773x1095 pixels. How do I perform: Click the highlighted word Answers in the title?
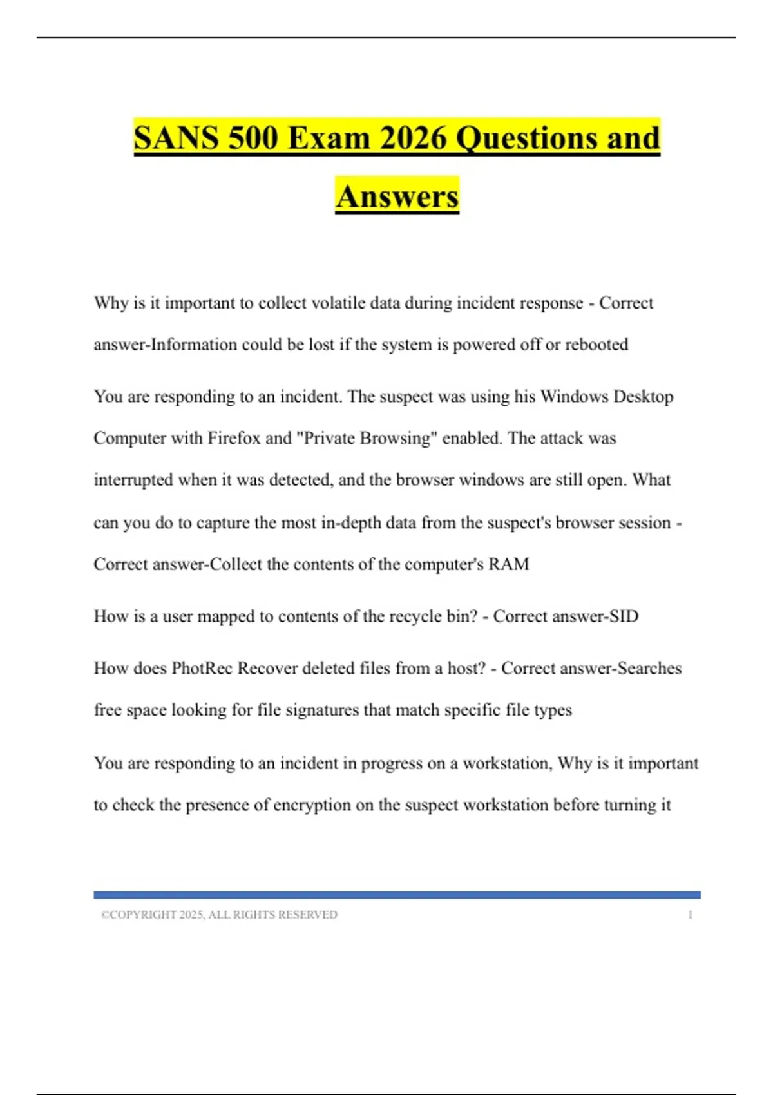(397, 196)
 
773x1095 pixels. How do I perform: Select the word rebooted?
(596, 345)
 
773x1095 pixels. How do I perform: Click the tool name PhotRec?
(202, 669)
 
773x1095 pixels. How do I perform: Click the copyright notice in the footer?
(219, 915)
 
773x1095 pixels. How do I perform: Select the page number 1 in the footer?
(690, 915)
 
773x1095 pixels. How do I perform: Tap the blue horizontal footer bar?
(397, 895)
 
